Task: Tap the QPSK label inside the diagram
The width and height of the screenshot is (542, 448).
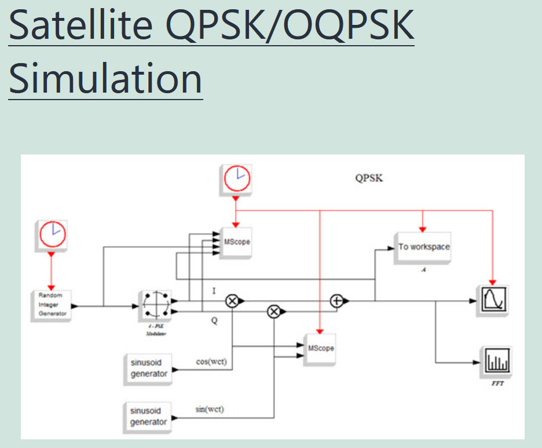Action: (x=369, y=178)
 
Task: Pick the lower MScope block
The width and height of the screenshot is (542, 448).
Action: (x=321, y=348)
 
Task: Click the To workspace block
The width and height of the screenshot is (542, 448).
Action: (x=423, y=247)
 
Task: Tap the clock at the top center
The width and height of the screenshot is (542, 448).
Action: (x=236, y=179)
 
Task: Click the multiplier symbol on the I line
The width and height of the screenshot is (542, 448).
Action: (x=232, y=300)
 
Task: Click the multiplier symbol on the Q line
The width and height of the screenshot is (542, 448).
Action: (x=273, y=313)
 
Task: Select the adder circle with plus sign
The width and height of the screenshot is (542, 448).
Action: (x=336, y=300)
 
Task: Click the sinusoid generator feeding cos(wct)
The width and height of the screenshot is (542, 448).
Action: (x=148, y=369)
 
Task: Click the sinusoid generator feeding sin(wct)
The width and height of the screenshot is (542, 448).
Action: (x=148, y=416)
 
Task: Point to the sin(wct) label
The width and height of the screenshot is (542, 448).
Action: (x=210, y=409)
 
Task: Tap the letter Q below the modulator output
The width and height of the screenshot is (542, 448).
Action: (x=214, y=320)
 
